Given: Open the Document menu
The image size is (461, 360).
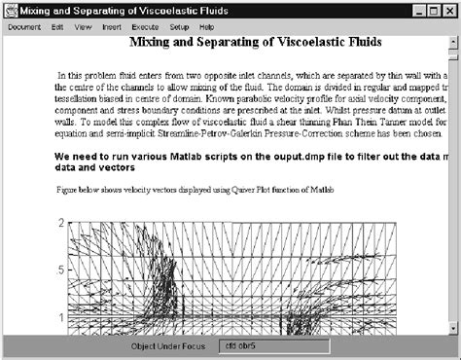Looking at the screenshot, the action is (25, 26).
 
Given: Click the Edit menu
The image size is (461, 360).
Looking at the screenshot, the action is (59, 26).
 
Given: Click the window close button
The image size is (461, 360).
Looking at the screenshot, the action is (447, 9).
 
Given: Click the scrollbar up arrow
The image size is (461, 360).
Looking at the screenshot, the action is (453, 42).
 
